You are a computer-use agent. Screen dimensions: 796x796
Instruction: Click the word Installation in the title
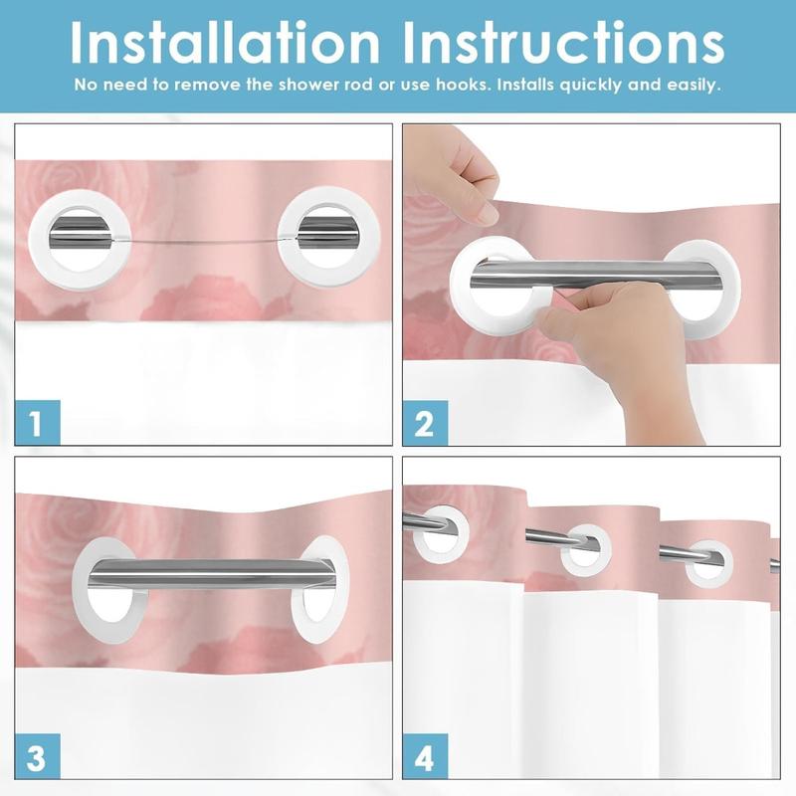click(225, 43)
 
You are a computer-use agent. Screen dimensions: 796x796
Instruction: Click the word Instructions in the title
click(563, 43)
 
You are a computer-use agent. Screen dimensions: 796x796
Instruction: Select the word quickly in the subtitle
click(591, 86)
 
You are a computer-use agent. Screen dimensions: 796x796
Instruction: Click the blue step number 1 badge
click(38, 422)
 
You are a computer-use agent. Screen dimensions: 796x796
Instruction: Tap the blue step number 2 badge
click(426, 422)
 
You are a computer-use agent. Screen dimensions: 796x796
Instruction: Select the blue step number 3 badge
click(38, 755)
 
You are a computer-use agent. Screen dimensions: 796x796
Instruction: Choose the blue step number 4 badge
click(426, 756)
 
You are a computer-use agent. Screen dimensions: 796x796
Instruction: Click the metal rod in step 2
click(595, 275)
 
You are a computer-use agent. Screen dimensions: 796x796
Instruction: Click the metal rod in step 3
click(209, 572)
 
